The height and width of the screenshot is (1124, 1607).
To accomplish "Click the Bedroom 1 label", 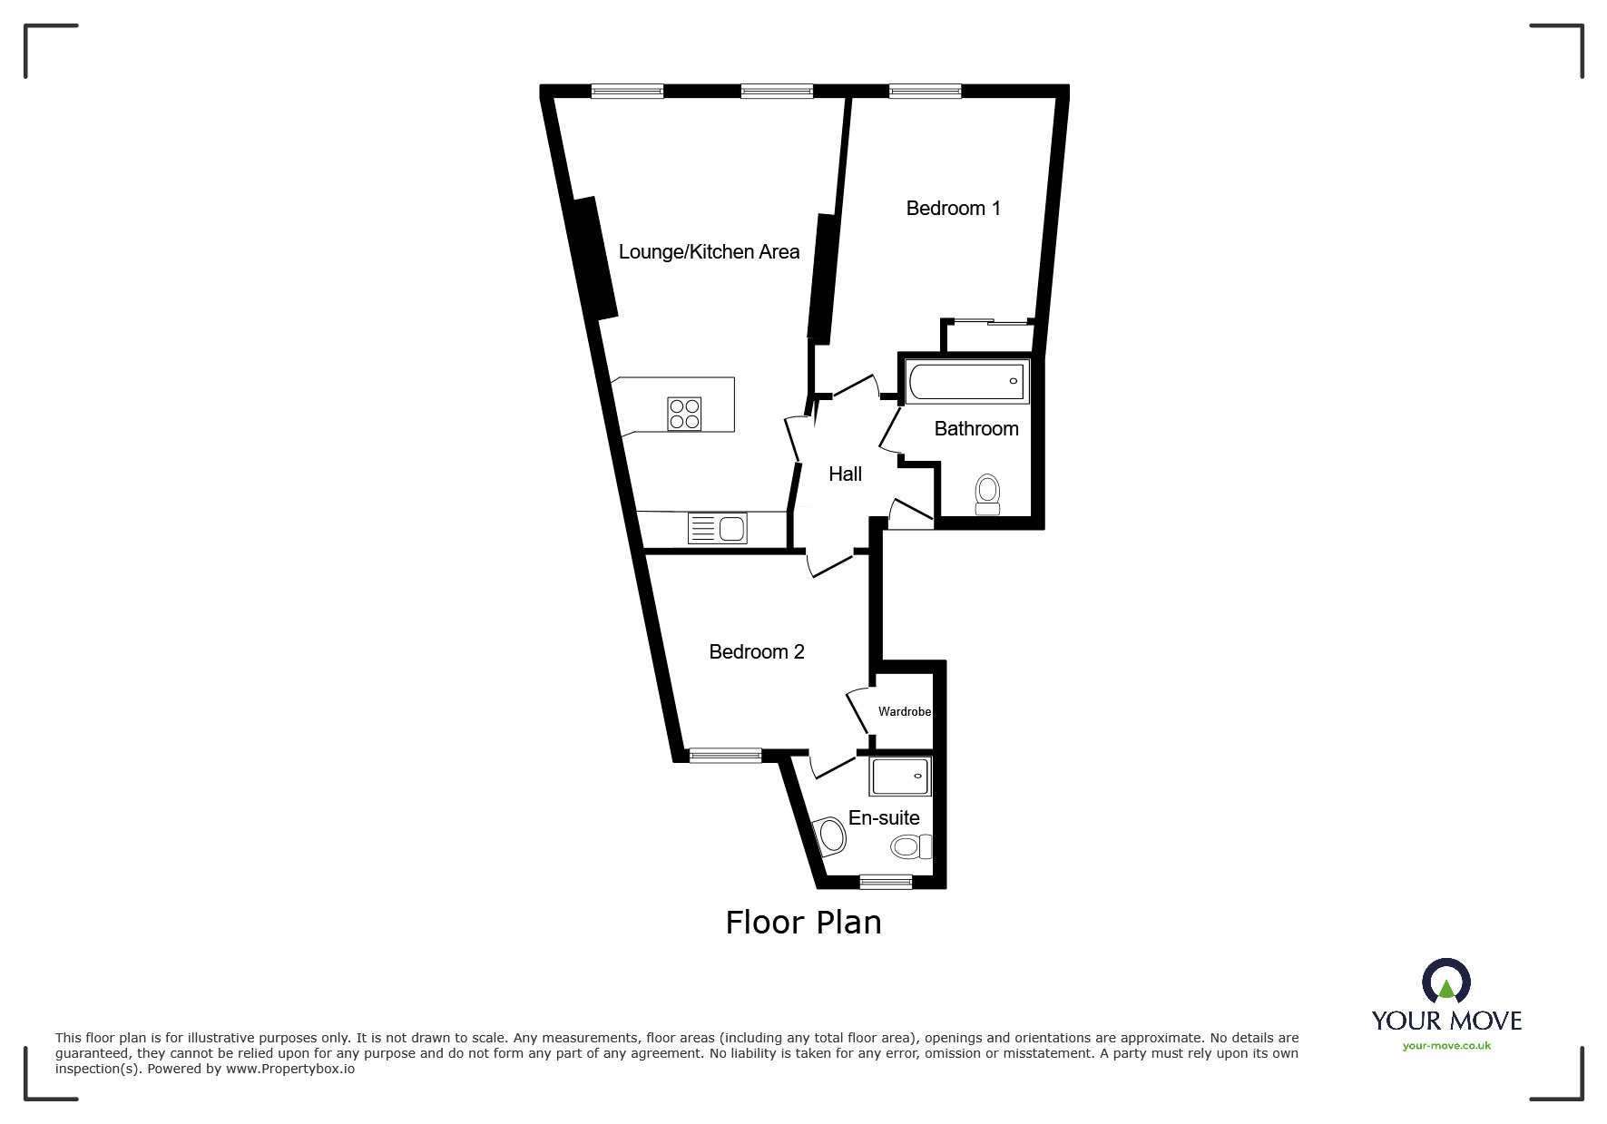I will (953, 209).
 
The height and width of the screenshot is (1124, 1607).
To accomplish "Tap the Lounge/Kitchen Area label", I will (709, 252).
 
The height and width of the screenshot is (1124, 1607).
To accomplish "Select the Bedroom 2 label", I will (756, 652).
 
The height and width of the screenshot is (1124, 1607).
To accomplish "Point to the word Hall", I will (845, 474).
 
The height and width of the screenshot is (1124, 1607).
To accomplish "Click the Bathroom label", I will (975, 428).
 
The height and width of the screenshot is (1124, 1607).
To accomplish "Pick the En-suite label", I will (884, 817).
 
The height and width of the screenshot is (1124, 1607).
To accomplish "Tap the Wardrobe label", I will (904, 712).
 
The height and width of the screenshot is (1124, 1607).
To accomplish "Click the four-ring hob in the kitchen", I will (683, 414).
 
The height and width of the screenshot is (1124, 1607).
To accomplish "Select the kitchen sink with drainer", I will (717, 527).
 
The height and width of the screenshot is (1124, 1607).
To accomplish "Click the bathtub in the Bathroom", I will (967, 381).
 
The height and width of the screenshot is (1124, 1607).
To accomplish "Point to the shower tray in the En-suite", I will (900, 777).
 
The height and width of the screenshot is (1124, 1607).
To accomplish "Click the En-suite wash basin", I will (829, 836).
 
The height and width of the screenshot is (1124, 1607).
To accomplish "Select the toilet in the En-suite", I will (910, 846).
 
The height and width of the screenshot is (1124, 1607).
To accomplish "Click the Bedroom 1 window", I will (925, 90).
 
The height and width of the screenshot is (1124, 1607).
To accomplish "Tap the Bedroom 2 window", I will (725, 755).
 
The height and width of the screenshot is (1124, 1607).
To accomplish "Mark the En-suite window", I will (886, 881).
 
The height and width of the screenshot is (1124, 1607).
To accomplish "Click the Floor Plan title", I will (803, 923).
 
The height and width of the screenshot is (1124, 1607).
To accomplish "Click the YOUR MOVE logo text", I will (1446, 1021).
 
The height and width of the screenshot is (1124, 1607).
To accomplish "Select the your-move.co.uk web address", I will (1446, 1046).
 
